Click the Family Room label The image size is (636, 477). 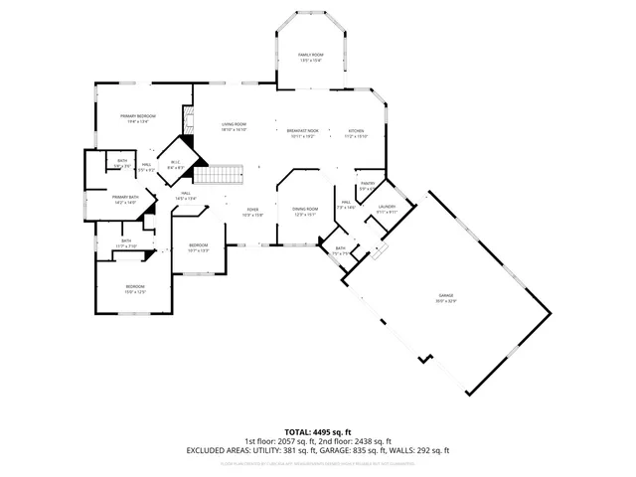click(312, 55)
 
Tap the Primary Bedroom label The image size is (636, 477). click(139, 116)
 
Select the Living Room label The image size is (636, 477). click(234, 124)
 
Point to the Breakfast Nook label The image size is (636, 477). click(302, 131)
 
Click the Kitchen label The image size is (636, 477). click(356, 131)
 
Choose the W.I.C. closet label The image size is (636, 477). click(175, 162)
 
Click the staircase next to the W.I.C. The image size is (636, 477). click(218, 175)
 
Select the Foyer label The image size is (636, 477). click(252, 209)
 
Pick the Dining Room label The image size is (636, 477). click(304, 209)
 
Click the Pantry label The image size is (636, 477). click(367, 183)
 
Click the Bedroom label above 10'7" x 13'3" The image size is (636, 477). click(199, 244)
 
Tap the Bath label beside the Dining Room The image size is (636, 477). click(340, 248)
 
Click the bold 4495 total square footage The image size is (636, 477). click(315, 432)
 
